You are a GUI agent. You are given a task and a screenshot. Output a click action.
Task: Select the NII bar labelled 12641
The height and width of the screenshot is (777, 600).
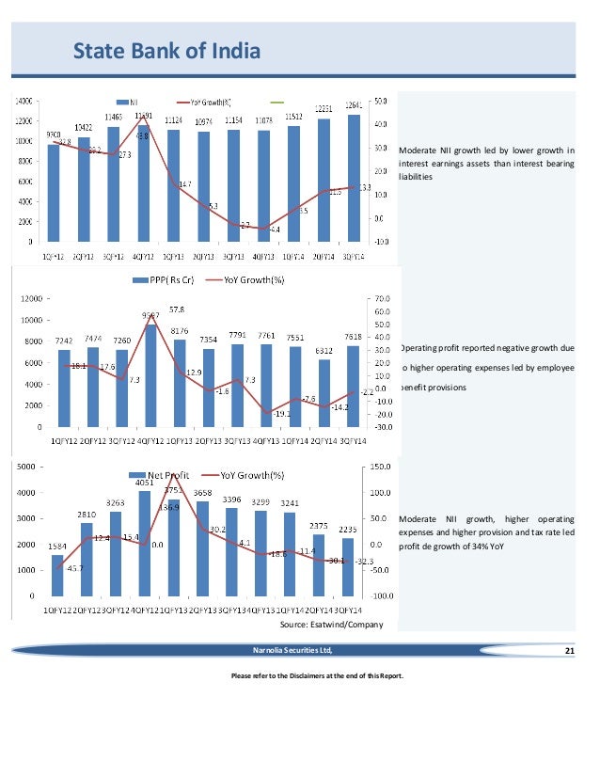click(353, 179)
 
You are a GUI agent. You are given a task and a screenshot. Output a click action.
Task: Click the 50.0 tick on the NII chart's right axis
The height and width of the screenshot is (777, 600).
click(384, 101)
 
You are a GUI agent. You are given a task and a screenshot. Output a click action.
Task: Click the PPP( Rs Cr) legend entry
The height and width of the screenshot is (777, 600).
click(164, 279)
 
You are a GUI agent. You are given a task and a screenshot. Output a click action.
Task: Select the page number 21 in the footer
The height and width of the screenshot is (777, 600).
click(568, 649)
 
